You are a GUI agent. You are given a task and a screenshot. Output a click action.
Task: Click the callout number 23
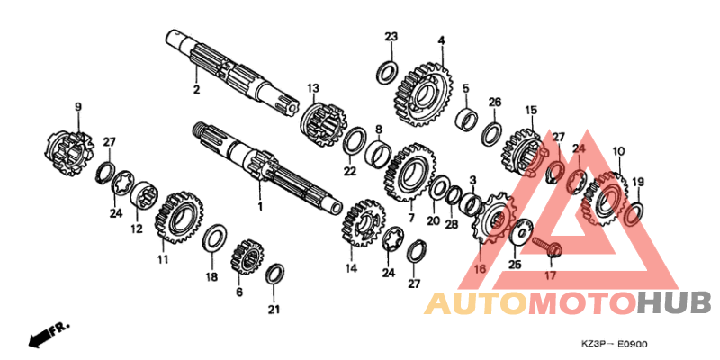[391, 37]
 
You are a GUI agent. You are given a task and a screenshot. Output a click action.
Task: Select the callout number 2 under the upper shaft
[196, 90]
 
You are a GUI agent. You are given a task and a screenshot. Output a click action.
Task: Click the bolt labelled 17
[547, 246]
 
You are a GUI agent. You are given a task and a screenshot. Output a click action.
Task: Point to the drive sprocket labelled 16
[491, 218]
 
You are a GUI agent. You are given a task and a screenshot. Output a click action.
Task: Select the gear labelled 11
[179, 218]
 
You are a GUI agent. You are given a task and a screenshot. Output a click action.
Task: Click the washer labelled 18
[214, 238]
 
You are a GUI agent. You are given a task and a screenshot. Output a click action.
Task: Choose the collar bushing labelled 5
[465, 119]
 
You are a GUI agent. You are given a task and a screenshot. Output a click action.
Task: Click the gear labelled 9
[70, 154]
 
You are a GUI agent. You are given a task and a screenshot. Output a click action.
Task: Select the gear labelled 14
[364, 222]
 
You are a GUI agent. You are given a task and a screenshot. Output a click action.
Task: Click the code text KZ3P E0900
[613, 344]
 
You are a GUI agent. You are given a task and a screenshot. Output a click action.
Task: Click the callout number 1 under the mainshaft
[260, 207]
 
